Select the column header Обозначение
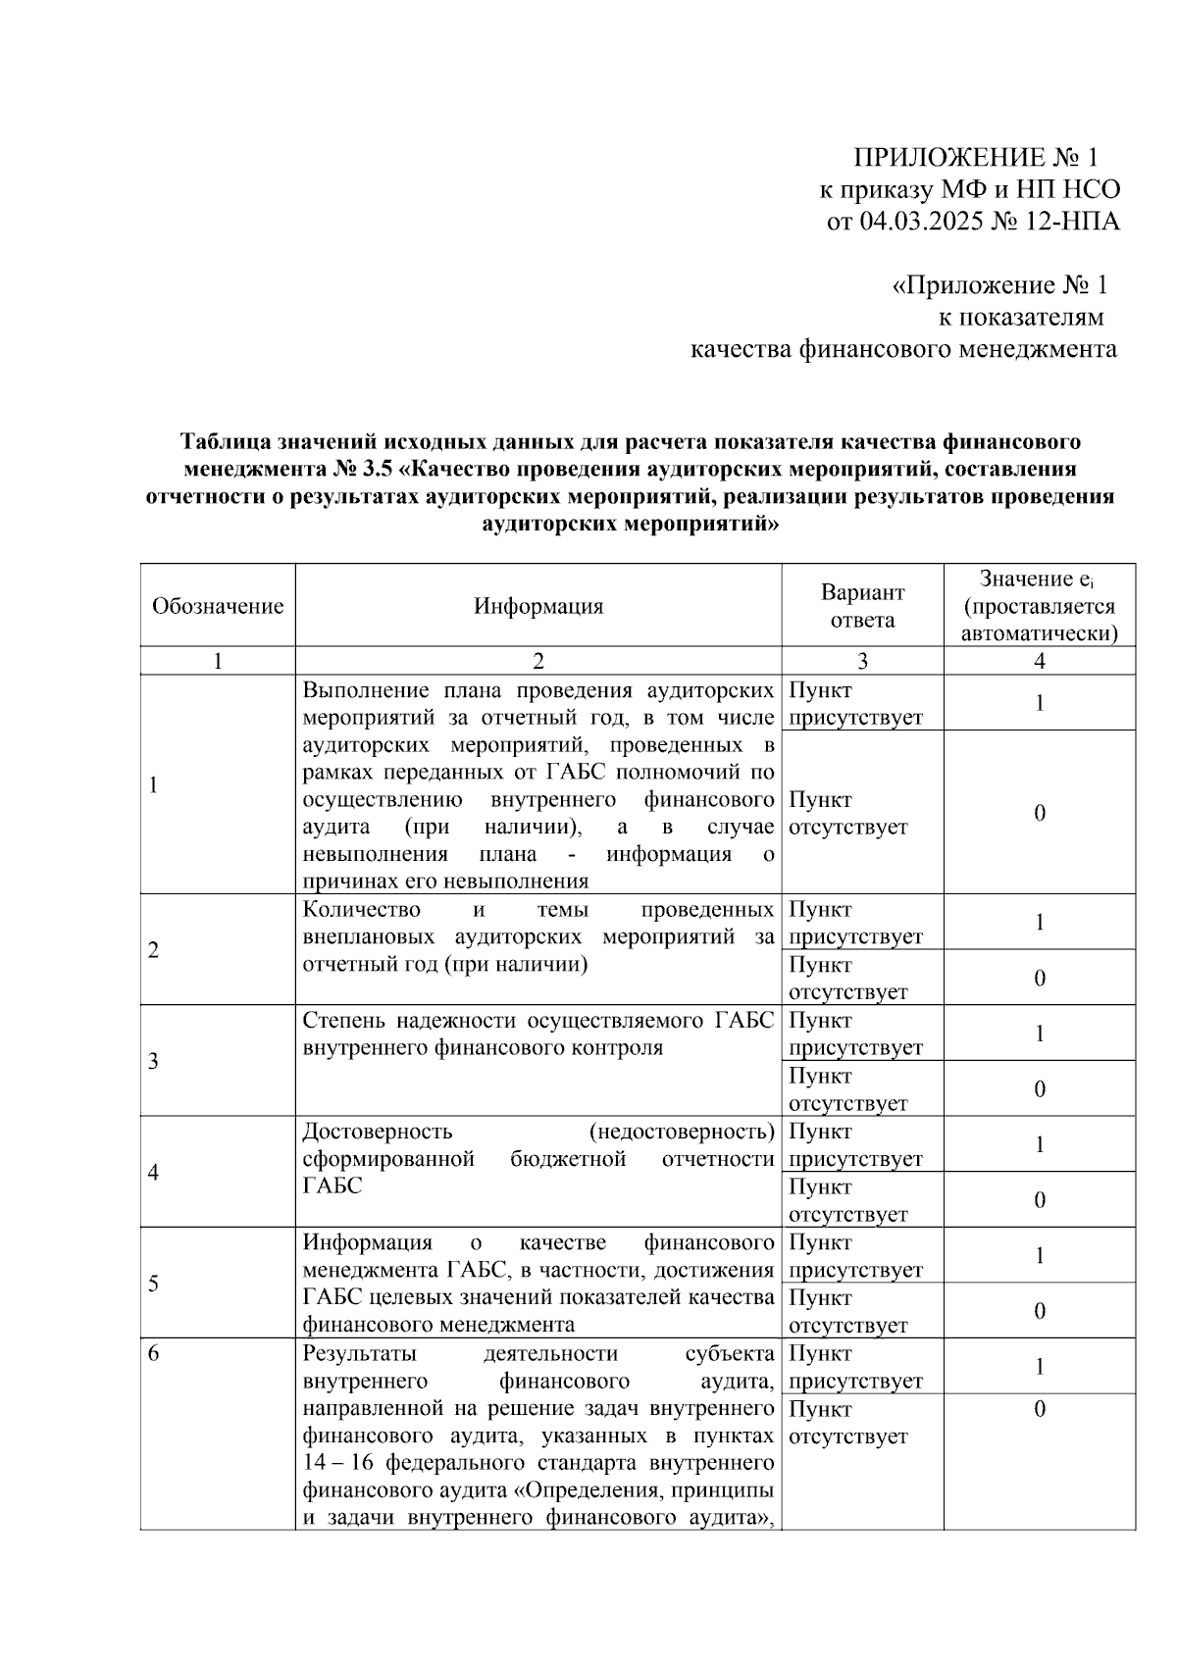pyautogui.click(x=218, y=605)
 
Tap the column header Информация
pyautogui.click(x=538, y=605)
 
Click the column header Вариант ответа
pyautogui.click(x=862, y=605)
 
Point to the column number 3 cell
pyautogui.click(x=862, y=661)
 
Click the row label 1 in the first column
pyautogui.click(x=154, y=784)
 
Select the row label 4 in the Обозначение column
pyautogui.click(x=154, y=1172)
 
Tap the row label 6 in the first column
pyautogui.click(x=154, y=1354)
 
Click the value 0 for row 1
pyautogui.click(x=1040, y=812)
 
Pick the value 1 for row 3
pyautogui.click(x=1040, y=1034)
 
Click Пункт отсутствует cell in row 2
pyautogui.click(x=848, y=978)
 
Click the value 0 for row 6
pyautogui.click(x=1040, y=1409)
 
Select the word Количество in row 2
pyautogui.click(x=362, y=909)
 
